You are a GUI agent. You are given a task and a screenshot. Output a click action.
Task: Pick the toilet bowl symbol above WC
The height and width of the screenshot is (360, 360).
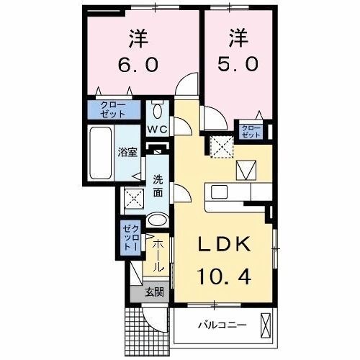pyautogui.click(x=158, y=111)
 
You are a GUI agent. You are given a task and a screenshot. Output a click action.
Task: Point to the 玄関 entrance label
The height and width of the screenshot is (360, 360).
pyautogui.click(x=153, y=292)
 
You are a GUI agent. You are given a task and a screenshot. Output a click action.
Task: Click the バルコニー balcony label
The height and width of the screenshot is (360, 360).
pyautogui.click(x=222, y=325)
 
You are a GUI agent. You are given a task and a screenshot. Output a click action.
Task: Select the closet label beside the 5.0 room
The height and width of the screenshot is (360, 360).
pyautogui.click(x=251, y=131)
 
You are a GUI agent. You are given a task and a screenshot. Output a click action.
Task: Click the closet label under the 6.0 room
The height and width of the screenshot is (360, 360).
pyautogui.click(x=108, y=110)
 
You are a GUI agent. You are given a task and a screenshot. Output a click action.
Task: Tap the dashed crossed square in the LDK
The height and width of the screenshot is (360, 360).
pyautogui.click(x=222, y=147)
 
